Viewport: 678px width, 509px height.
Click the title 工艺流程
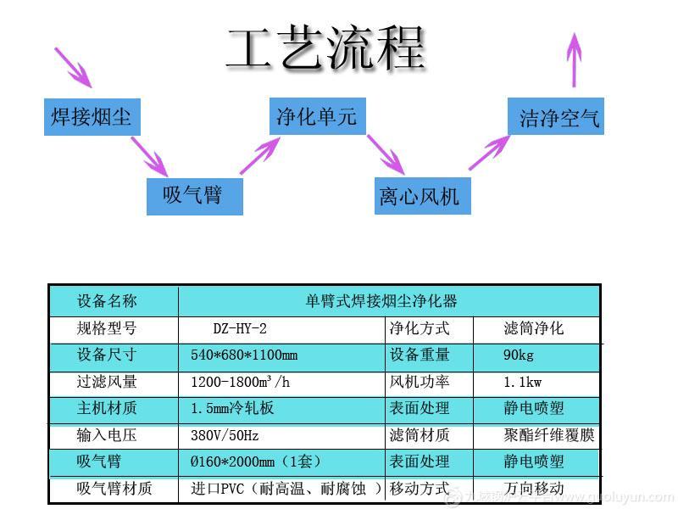(325, 48)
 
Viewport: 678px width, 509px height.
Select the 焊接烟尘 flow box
(92, 116)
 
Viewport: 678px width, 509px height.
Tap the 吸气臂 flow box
(194, 196)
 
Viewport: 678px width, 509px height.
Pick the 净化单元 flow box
(317, 115)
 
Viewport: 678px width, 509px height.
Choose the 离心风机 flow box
(421, 196)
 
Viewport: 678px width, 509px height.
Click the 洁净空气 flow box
(555, 116)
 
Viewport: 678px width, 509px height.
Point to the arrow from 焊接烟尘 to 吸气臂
(151, 157)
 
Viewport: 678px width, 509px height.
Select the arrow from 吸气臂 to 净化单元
(260, 156)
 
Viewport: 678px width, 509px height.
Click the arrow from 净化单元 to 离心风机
(386, 154)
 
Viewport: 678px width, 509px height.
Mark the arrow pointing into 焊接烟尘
(74, 67)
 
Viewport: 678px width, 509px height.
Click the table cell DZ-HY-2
(246, 328)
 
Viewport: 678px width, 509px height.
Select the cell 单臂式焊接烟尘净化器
(381, 301)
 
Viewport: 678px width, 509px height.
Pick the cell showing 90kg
(519, 355)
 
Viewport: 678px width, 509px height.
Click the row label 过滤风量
(107, 382)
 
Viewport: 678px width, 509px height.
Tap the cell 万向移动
(534, 489)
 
